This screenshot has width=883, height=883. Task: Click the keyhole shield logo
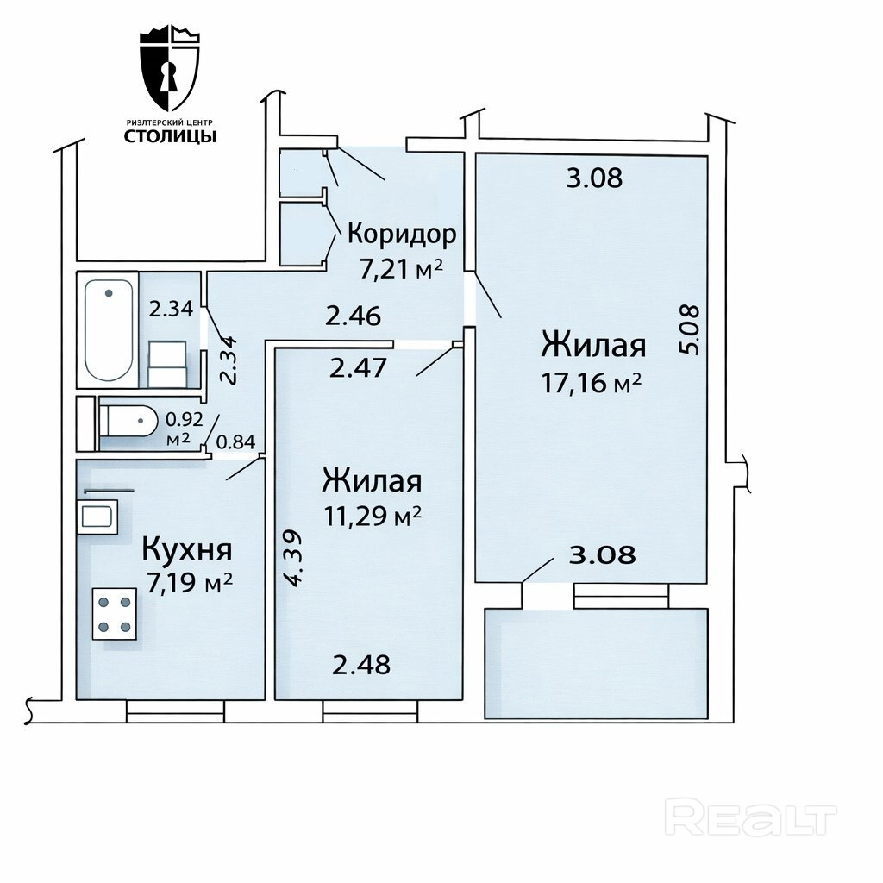click(x=170, y=72)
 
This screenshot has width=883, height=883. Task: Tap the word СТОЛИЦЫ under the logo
click(x=170, y=136)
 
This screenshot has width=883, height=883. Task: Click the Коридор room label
click(x=402, y=234)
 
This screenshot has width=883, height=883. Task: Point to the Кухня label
click(x=186, y=549)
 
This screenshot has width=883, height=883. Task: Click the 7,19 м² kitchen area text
click(x=189, y=584)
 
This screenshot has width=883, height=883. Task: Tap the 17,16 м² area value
click(x=592, y=383)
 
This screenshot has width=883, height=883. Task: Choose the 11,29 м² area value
click(x=373, y=516)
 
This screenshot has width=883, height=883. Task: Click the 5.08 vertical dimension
click(x=690, y=329)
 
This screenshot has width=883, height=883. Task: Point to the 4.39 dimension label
click(x=295, y=558)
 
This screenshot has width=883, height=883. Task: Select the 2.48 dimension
click(x=361, y=665)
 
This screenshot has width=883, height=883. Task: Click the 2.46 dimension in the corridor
click(x=354, y=316)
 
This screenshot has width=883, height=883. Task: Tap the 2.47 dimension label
click(x=358, y=368)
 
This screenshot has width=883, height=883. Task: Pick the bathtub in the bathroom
click(x=109, y=330)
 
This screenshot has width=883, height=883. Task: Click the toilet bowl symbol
click(x=128, y=420)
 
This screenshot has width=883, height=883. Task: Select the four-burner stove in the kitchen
click(x=115, y=614)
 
